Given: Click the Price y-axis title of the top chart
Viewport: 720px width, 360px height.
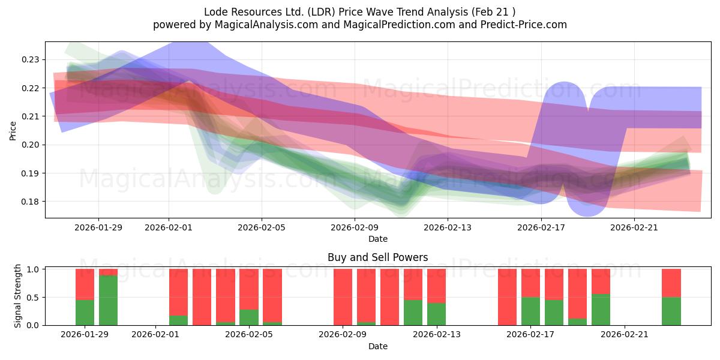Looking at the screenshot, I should point(13,130).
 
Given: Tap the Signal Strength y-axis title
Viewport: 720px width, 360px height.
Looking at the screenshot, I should point(18,296).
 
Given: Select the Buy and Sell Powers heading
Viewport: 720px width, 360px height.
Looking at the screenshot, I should point(377,257).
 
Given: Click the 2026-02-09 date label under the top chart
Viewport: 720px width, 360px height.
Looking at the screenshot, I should point(355,227).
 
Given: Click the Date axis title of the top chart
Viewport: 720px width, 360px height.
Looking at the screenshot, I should point(377,239).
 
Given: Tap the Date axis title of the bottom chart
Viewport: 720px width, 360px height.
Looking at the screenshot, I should point(377,346).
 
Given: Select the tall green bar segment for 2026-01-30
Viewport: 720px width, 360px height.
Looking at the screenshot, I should point(109,300).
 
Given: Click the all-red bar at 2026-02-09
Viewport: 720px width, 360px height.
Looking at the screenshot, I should point(343,297).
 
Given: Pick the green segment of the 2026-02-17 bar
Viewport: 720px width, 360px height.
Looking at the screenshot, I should point(531,311).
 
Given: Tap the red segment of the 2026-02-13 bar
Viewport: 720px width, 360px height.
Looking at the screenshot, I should point(437,286).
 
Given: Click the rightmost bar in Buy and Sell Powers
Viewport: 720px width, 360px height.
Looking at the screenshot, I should point(671,297).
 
